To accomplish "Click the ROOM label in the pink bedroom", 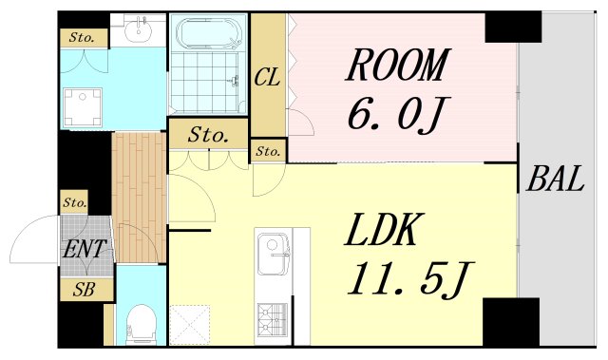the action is point(397,65).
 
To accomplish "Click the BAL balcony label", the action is point(555,179).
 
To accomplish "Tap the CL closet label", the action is point(267,77).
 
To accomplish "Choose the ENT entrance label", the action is point(85,249).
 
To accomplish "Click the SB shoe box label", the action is point(85,289).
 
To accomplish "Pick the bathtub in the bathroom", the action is point(209,32).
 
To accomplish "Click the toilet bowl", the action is point(142,324).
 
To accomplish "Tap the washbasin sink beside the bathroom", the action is point(138,29).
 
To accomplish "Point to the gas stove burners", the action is point(273,319).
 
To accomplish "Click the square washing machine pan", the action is point(83,107).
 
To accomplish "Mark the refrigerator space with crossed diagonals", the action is point(190,325).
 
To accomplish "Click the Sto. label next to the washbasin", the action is point(82,38).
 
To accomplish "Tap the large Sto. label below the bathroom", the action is point(208,135).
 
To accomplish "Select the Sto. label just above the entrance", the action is point(74,202).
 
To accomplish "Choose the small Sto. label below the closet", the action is point(268,151).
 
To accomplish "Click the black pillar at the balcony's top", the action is point(513,27).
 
